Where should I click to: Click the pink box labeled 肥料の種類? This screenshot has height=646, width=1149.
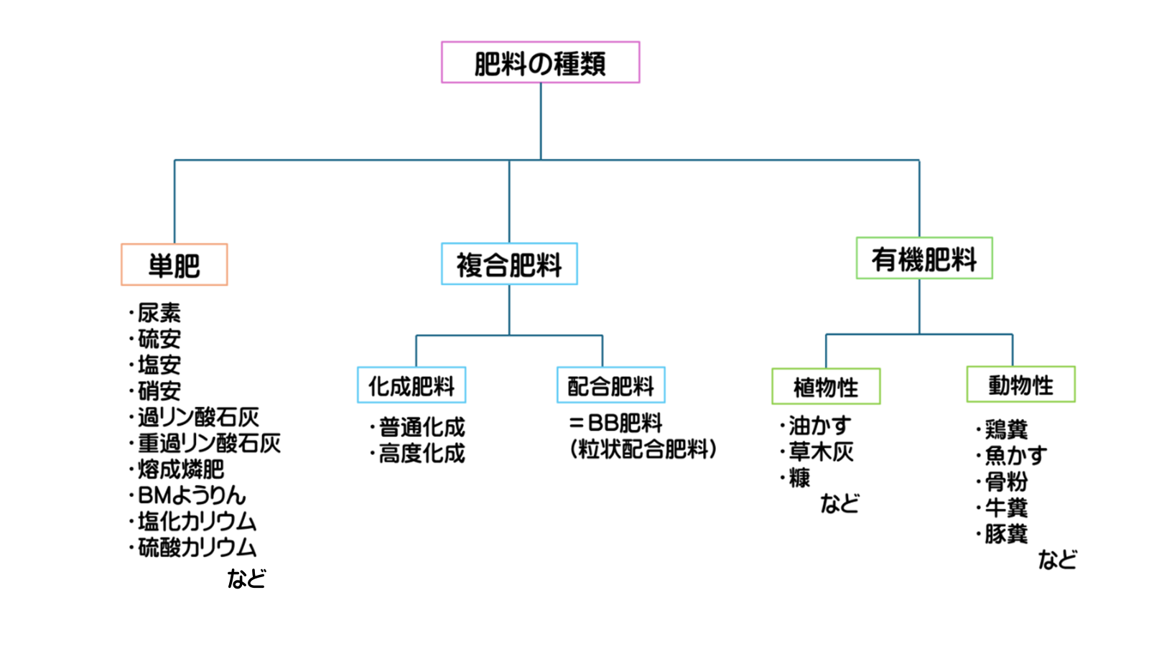540,62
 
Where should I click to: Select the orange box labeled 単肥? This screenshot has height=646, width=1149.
175,265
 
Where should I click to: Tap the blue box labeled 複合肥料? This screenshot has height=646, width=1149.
509,264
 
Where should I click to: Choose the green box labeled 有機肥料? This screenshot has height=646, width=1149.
924,258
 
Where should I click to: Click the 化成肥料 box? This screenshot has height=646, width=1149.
411,385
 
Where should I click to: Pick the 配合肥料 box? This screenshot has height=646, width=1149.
611,385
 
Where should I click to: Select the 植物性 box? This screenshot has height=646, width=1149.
826,387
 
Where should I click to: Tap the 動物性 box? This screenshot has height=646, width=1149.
1020,385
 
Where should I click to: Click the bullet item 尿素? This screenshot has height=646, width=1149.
159,313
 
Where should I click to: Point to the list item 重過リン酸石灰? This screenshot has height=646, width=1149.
208,443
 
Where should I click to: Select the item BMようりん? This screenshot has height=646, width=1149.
191,495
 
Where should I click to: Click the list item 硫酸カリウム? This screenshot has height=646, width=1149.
197,548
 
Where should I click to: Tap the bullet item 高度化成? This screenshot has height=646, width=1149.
422,454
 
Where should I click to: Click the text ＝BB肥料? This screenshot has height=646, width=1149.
616,423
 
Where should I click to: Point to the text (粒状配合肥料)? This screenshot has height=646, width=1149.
643,450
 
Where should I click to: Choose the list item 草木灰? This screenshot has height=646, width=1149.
821,451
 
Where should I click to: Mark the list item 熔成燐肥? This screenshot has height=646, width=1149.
180,469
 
